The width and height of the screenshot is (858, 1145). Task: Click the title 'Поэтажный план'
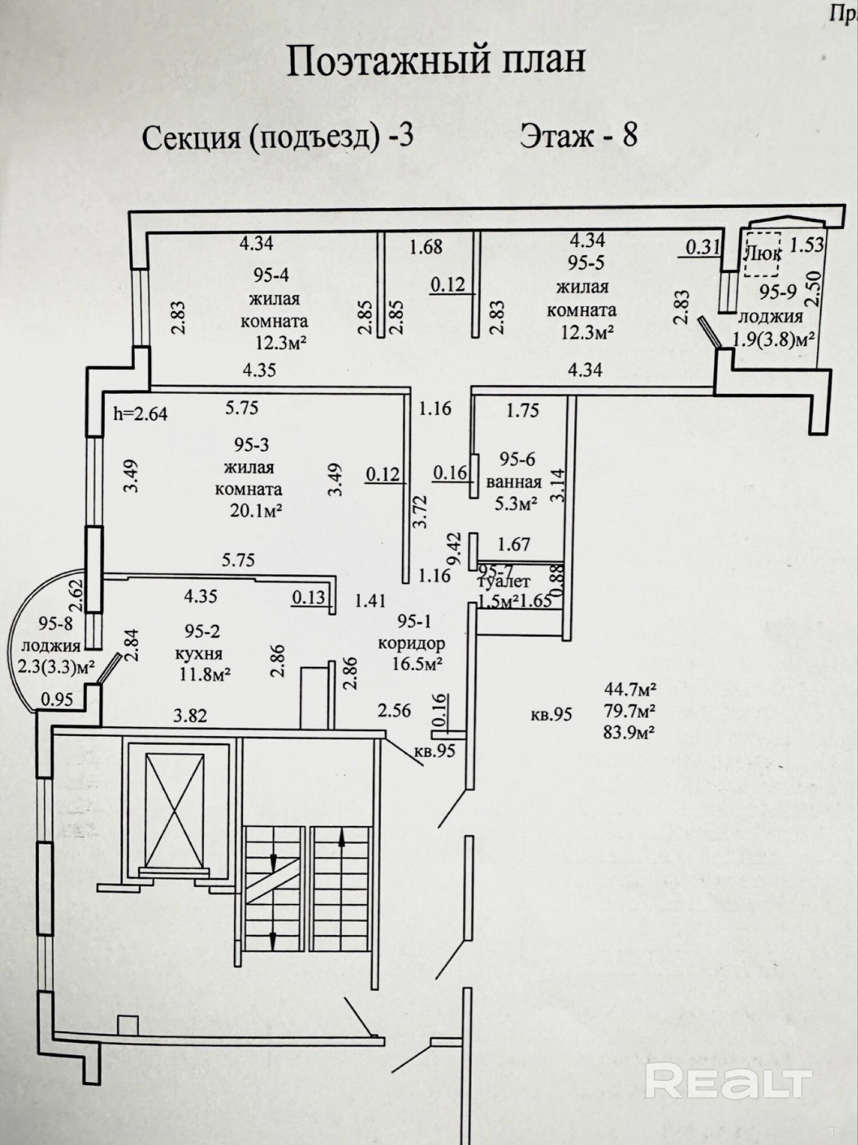point(436,61)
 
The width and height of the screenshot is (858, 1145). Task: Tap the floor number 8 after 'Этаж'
point(630,136)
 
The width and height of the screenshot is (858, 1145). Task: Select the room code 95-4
point(271,275)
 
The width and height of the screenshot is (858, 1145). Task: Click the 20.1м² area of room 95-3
point(256,511)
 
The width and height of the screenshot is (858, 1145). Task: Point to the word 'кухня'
point(198,653)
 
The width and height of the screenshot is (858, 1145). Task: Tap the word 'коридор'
point(411,643)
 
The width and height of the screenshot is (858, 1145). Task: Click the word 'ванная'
point(514,482)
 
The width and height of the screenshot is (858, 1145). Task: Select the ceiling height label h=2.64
point(140,413)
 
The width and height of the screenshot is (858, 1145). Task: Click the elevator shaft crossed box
point(174,810)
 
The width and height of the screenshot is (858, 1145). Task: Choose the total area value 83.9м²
point(629,732)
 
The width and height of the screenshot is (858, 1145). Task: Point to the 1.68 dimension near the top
point(426,247)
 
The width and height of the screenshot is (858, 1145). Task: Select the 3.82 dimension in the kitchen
point(190,716)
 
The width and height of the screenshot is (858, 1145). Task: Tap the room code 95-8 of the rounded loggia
point(55,623)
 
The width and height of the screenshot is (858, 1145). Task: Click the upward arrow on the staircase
point(341,839)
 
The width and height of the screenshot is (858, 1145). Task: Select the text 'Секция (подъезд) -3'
point(277,138)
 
